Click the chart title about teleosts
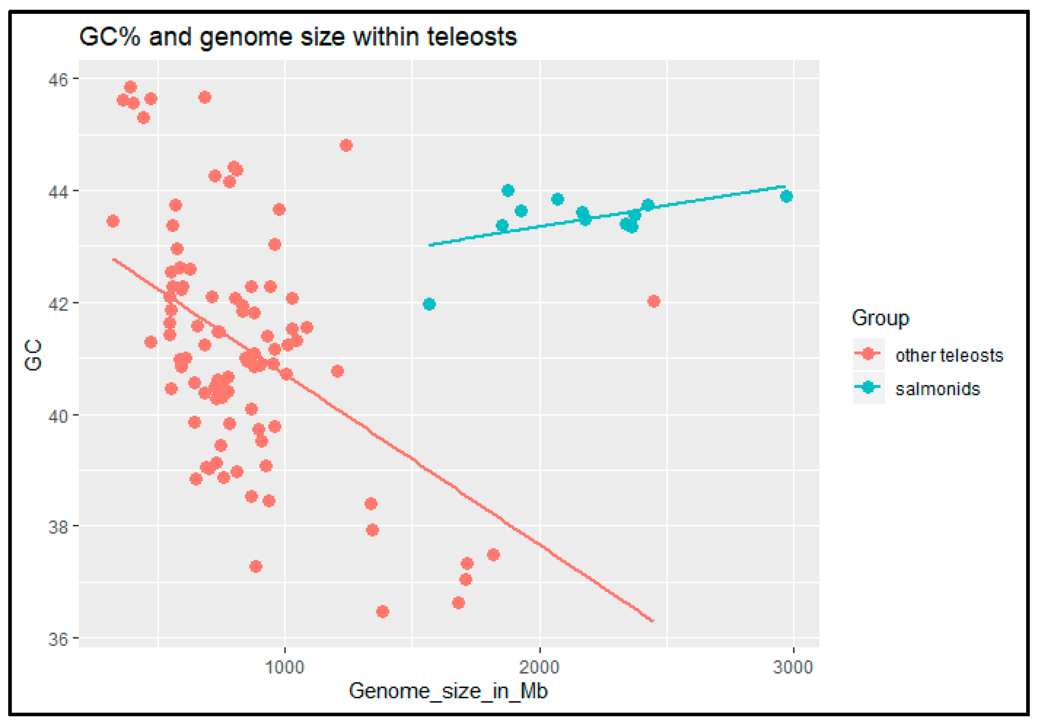pyautogui.click(x=298, y=36)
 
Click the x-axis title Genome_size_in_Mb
pyautogui.click(x=448, y=691)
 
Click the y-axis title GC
pyautogui.click(x=33, y=355)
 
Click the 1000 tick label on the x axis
pyautogui.click(x=285, y=667)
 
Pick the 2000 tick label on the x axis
pyautogui.click(x=539, y=667)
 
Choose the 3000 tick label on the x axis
pyautogui.click(x=793, y=667)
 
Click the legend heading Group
pyautogui.click(x=880, y=318)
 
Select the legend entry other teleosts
pyautogui.click(x=949, y=355)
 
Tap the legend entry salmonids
pyautogui.click(x=937, y=389)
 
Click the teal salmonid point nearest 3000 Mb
pyautogui.click(x=786, y=196)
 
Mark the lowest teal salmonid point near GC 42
pyautogui.click(x=429, y=304)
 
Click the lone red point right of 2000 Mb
pyautogui.click(x=653, y=301)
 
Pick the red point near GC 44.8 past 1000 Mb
pyautogui.click(x=346, y=145)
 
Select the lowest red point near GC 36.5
pyautogui.click(x=382, y=611)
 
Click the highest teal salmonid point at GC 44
pyautogui.click(x=508, y=190)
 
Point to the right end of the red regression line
pyautogui.click(x=652, y=621)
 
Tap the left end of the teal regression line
pyautogui.click(x=430, y=245)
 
